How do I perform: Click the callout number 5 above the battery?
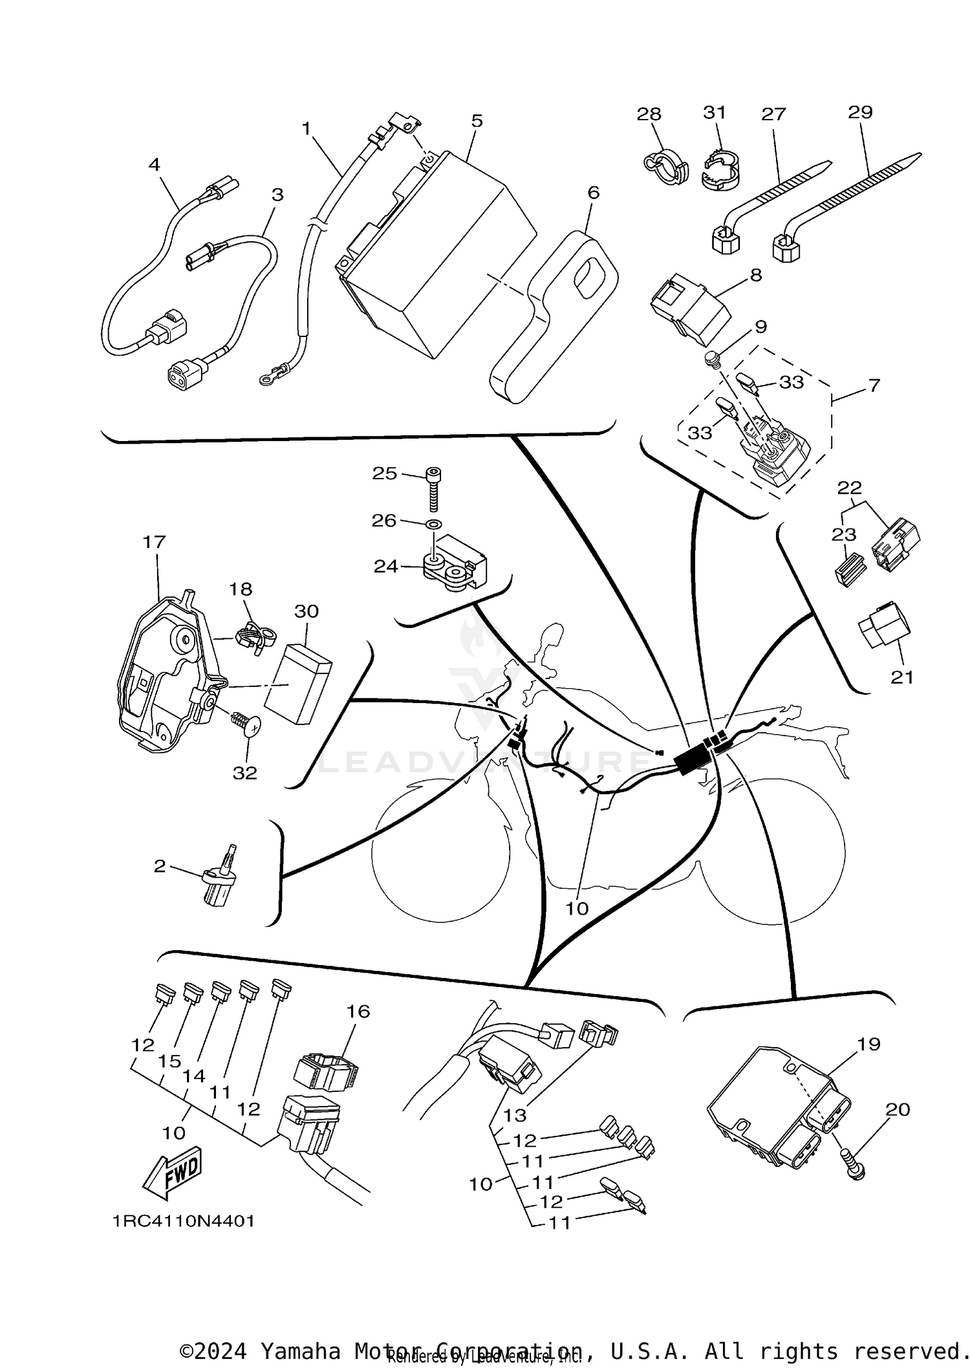click(477, 121)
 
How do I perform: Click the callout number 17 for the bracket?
click(155, 542)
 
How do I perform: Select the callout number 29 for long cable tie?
click(860, 113)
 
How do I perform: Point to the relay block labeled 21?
click(883, 627)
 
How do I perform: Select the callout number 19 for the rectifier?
click(868, 1044)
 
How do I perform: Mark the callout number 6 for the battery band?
click(593, 193)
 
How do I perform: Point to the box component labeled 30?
click(299, 684)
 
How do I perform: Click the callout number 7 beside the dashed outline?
click(874, 385)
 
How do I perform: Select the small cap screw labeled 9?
click(712, 357)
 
